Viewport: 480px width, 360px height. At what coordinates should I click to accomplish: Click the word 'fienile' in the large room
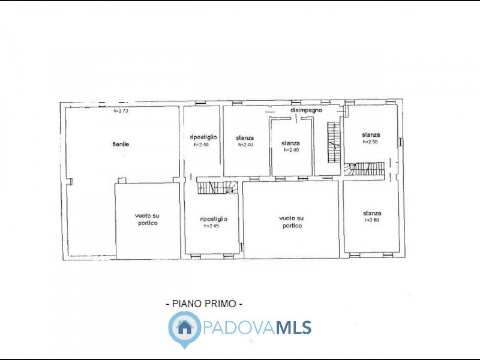121,144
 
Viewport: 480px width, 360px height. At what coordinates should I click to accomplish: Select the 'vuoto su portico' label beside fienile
146,219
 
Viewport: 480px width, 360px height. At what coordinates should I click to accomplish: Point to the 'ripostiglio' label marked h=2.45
214,219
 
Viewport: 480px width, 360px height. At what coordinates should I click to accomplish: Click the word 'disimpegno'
307,110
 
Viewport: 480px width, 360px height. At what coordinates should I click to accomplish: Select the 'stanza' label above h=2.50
371,135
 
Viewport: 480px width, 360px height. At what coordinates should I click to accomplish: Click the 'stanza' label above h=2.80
372,213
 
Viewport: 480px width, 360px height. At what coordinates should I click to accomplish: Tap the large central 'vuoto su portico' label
292,221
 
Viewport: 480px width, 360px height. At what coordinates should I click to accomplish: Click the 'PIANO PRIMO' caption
204,304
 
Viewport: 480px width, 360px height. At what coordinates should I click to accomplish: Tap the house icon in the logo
184,328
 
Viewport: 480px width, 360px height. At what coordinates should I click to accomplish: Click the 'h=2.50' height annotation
371,142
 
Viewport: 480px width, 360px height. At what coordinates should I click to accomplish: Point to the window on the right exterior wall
400,142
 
